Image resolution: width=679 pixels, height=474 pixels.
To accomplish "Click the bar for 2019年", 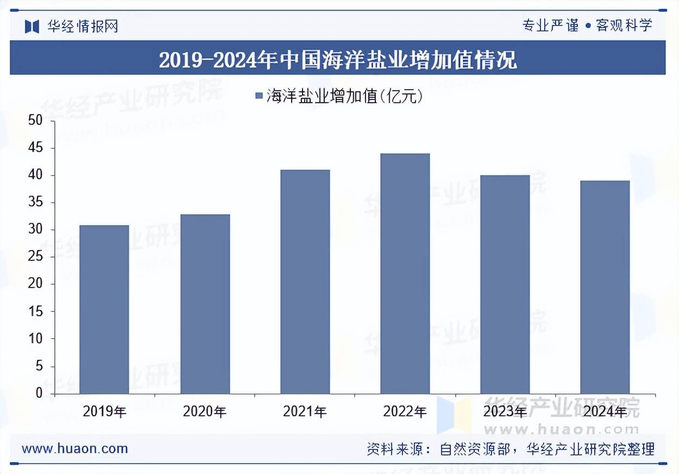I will pyautogui.click(x=104, y=309).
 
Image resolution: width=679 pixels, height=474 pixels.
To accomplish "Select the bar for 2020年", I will pyautogui.click(x=205, y=304).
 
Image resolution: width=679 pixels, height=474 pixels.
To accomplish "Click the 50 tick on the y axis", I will pyautogui.click(x=36, y=121).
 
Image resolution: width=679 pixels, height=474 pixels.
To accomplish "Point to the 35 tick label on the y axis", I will pyautogui.click(x=36, y=203).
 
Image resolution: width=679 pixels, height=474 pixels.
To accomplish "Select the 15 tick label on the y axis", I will pyautogui.click(x=36, y=312).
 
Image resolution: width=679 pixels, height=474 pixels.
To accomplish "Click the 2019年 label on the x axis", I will pyautogui.click(x=104, y=412).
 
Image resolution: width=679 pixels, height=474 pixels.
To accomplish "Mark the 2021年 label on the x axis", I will pyautogui.click(x=305, y=412).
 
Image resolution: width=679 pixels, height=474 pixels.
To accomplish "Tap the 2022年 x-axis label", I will pyautogui.click(x=405, y=412).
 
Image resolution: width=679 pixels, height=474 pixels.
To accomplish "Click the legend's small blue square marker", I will pyautogui.click(x=259, y=97).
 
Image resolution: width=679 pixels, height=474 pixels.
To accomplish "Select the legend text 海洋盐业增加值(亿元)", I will pyautogui.click(x=344, y=97).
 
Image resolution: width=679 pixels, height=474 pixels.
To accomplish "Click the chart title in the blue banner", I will pyautogui.click(x=338, y=59).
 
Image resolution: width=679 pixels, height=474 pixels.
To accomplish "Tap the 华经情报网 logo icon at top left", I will pyautogui.click(x=32, y=26).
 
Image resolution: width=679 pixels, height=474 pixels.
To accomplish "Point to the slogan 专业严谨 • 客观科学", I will pyautogui.click(x=587, y=25).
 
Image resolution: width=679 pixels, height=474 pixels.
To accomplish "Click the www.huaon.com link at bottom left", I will pyautogui.click(x=75, y=448).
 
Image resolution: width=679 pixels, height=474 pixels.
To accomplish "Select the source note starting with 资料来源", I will pyautogui.click(x=511, y=449).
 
